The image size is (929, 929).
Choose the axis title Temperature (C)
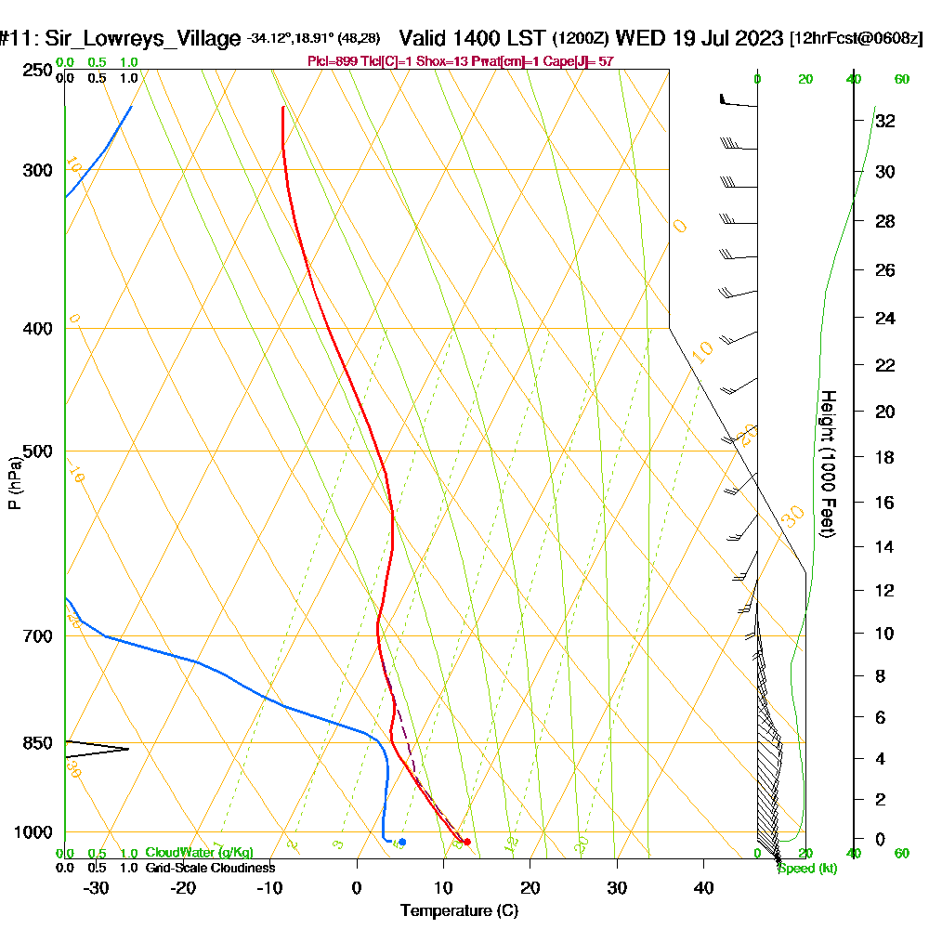(459, 910)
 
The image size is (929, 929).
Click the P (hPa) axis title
(14, 483)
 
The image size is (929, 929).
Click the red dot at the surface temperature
(466, 842)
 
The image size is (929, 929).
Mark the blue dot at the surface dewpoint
(401, 842)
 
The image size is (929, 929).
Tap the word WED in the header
(638, 38)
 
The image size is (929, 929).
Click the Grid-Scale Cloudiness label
(209, 868)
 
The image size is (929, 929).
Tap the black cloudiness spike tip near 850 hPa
(128, 749)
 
